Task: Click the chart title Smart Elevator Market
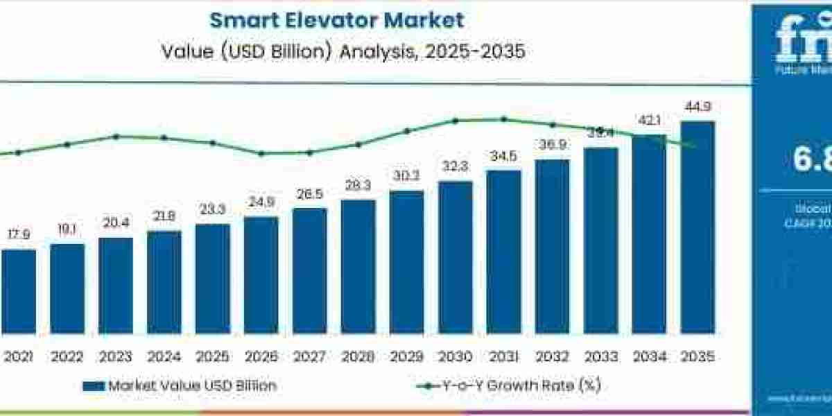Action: pos(337,19)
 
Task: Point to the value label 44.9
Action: pos(697,107)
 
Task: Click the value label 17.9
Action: pos(18,236)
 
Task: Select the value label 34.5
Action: pos(503,157)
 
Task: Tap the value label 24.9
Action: pos(261,203)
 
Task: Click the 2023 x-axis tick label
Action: pos(115,357)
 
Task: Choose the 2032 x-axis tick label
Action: pos(552,357)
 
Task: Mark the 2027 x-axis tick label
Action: pos(309,357)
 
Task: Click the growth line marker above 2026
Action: pos(261,154)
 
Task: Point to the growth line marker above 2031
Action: pos(503,119)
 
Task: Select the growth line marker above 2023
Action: pos(116,137)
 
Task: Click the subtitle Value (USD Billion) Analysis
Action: pos(337,51)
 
